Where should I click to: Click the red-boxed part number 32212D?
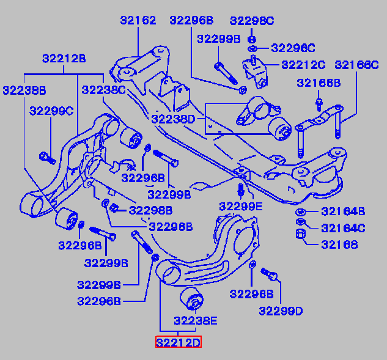177,342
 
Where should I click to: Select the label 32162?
137,21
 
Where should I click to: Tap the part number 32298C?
252,21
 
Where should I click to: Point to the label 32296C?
293,48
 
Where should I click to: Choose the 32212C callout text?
303,64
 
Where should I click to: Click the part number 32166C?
356,64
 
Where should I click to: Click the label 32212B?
64,59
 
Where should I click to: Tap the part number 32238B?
24,90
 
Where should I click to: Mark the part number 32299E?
240,206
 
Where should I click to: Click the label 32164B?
343,212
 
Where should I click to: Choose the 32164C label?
343,229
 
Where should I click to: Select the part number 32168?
339,245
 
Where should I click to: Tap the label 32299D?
281,310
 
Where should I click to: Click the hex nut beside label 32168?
301,235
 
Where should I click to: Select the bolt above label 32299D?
270,276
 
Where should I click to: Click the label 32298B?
150,210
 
